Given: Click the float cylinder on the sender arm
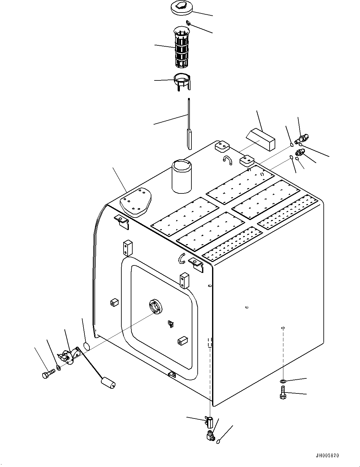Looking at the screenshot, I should pos(107,382).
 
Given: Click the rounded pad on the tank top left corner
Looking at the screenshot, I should pos(135,202).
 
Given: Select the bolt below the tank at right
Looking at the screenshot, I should pos(282,393).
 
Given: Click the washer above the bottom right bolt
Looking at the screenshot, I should pos(283,381).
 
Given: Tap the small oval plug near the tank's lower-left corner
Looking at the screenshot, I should pos(87,346).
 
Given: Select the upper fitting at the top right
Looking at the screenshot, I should pos(302,138).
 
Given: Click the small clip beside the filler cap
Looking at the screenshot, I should pos(188,23).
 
